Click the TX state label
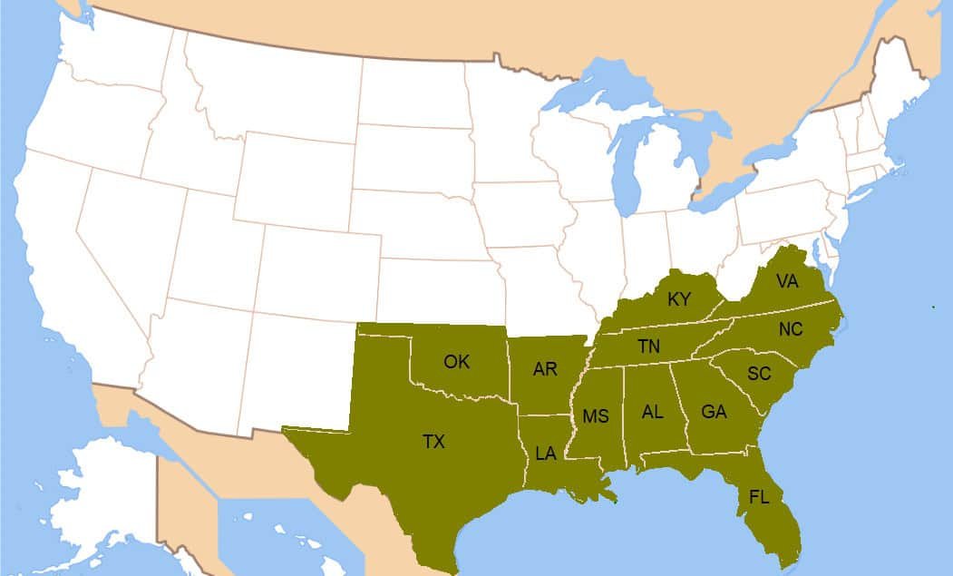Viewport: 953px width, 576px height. coord(433,442)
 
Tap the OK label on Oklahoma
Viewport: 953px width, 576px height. coord(457,362)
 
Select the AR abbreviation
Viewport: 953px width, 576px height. coord(545,369)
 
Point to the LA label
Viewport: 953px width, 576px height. coord(545,454)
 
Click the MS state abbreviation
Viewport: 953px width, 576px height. coord(596,416)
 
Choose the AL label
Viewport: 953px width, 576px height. coord(652,412)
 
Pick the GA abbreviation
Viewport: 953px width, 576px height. coord(715,412)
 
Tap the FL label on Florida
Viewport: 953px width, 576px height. coord(760,496)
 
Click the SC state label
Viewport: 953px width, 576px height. coord(759,373)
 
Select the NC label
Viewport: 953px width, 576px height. coord(791,329)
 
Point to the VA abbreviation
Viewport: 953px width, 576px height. coord(787,281)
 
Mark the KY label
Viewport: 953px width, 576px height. coord(679,299)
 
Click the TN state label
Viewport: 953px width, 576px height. coord(648,346)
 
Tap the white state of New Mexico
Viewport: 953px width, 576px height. coord(299,363)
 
